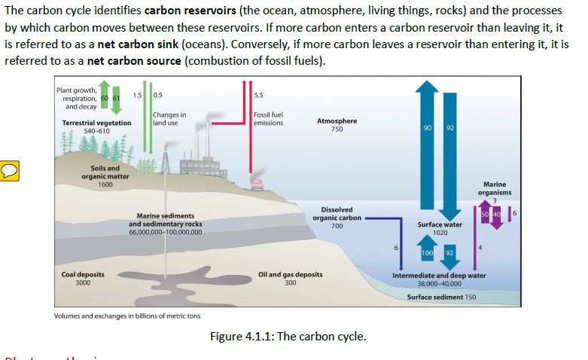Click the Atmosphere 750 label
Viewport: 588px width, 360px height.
click(337, 125)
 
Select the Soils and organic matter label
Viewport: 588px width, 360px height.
click(104, 176)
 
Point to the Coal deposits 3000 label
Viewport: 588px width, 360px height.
click(82, 279)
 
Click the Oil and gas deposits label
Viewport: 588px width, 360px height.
click(290, 279)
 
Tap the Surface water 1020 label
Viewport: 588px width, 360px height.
click(440, 228)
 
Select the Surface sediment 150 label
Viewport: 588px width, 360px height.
click(441, 297)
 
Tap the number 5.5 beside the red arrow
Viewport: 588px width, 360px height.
click(258, 94)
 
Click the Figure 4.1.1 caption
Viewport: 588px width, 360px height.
click(288, 336)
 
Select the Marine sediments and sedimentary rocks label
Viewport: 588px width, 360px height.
click(165, 224)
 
